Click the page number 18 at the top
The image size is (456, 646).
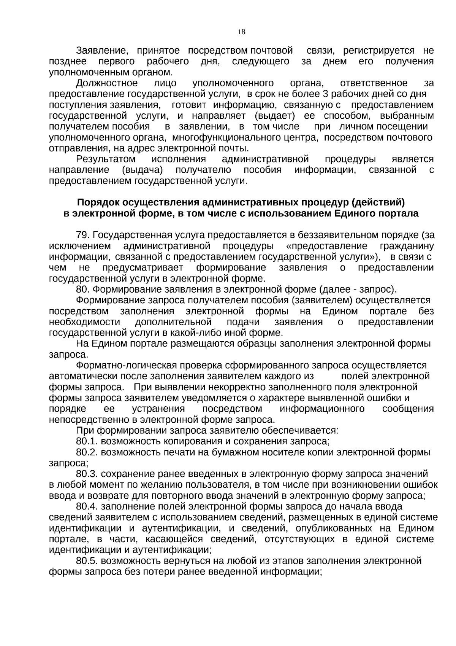tap(241, 32)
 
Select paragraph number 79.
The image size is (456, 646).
tap(84, 235)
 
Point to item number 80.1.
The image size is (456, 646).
tap(87, 442)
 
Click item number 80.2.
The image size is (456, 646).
tap(87, 452)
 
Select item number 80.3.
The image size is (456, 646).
tap(87, 474)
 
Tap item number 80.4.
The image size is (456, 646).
tap(87, 507)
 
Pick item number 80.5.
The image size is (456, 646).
tap(87, 561)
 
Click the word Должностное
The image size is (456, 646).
tap(107, 83)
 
